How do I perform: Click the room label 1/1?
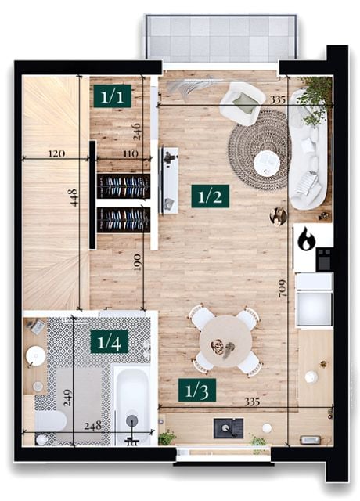tap(113, 96)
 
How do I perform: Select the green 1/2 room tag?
tap(210, 196)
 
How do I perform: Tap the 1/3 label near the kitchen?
tap(197, 390)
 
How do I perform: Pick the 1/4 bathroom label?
tap(110, 342)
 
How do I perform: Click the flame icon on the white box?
tap(306, 238)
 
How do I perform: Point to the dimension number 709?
tap(283, 289)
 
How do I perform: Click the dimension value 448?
tap(73, 197)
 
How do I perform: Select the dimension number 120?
tap(56, 153)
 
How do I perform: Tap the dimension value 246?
tap(137, 132)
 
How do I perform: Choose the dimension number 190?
tap(137, 262)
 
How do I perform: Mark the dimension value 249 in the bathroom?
tap(67, 397)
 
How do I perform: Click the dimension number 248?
tap(92, 426)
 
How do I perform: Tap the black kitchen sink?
tap(229, 428)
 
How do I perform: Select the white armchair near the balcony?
tap(243, 103)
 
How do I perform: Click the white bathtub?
tap(132, 405)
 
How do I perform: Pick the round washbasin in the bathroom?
tap(35, 355)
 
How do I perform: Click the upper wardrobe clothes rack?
tap(124, 186)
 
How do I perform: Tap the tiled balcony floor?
tap(221, 38)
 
